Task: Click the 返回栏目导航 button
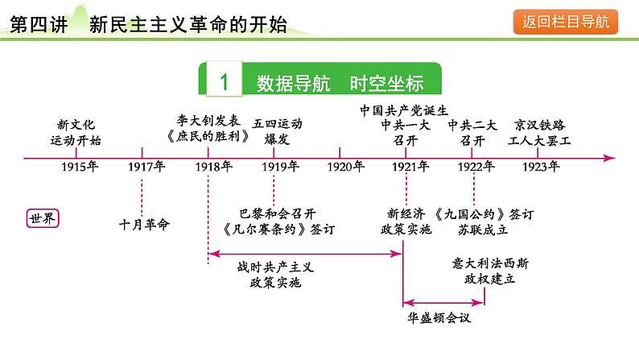click(564, 23)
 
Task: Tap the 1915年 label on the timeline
click(79, 168)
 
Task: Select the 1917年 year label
click(146, 168)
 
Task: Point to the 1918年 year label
click(213, 168)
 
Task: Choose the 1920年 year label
click(346, 168)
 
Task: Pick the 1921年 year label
click(410, 168)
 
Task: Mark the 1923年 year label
click(540, 168)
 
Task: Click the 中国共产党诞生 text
click(403, 110)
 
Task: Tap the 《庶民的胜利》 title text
click(207, 136)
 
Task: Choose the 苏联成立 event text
click(473, 229)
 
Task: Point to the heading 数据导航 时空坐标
click(338, 83)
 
